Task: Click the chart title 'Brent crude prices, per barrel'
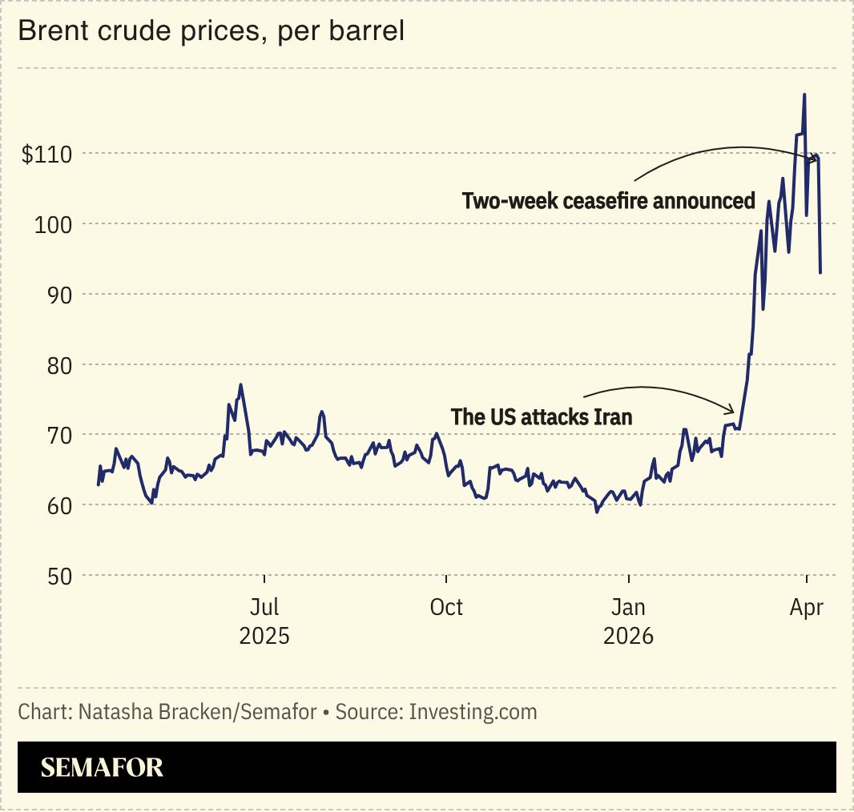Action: (x=211, y=31)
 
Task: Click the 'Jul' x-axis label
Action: (x=264, y=607)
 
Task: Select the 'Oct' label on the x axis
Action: (x=446, y=607)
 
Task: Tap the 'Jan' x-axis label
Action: (x=629, y=607)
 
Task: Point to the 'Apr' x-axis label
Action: (x=807, y=607)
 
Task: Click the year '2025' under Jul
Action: (x=264, y=637)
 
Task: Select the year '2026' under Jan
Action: (x=629, y=637)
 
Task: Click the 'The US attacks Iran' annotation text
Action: (x=542, y=416)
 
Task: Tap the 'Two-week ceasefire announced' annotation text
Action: (x=609, y=200)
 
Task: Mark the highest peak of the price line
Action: (x=804, y=94)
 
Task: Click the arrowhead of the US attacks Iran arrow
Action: (x=732, y=411)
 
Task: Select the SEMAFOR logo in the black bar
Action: (x=102, y=767)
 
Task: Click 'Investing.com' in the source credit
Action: (x=473, y=711)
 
